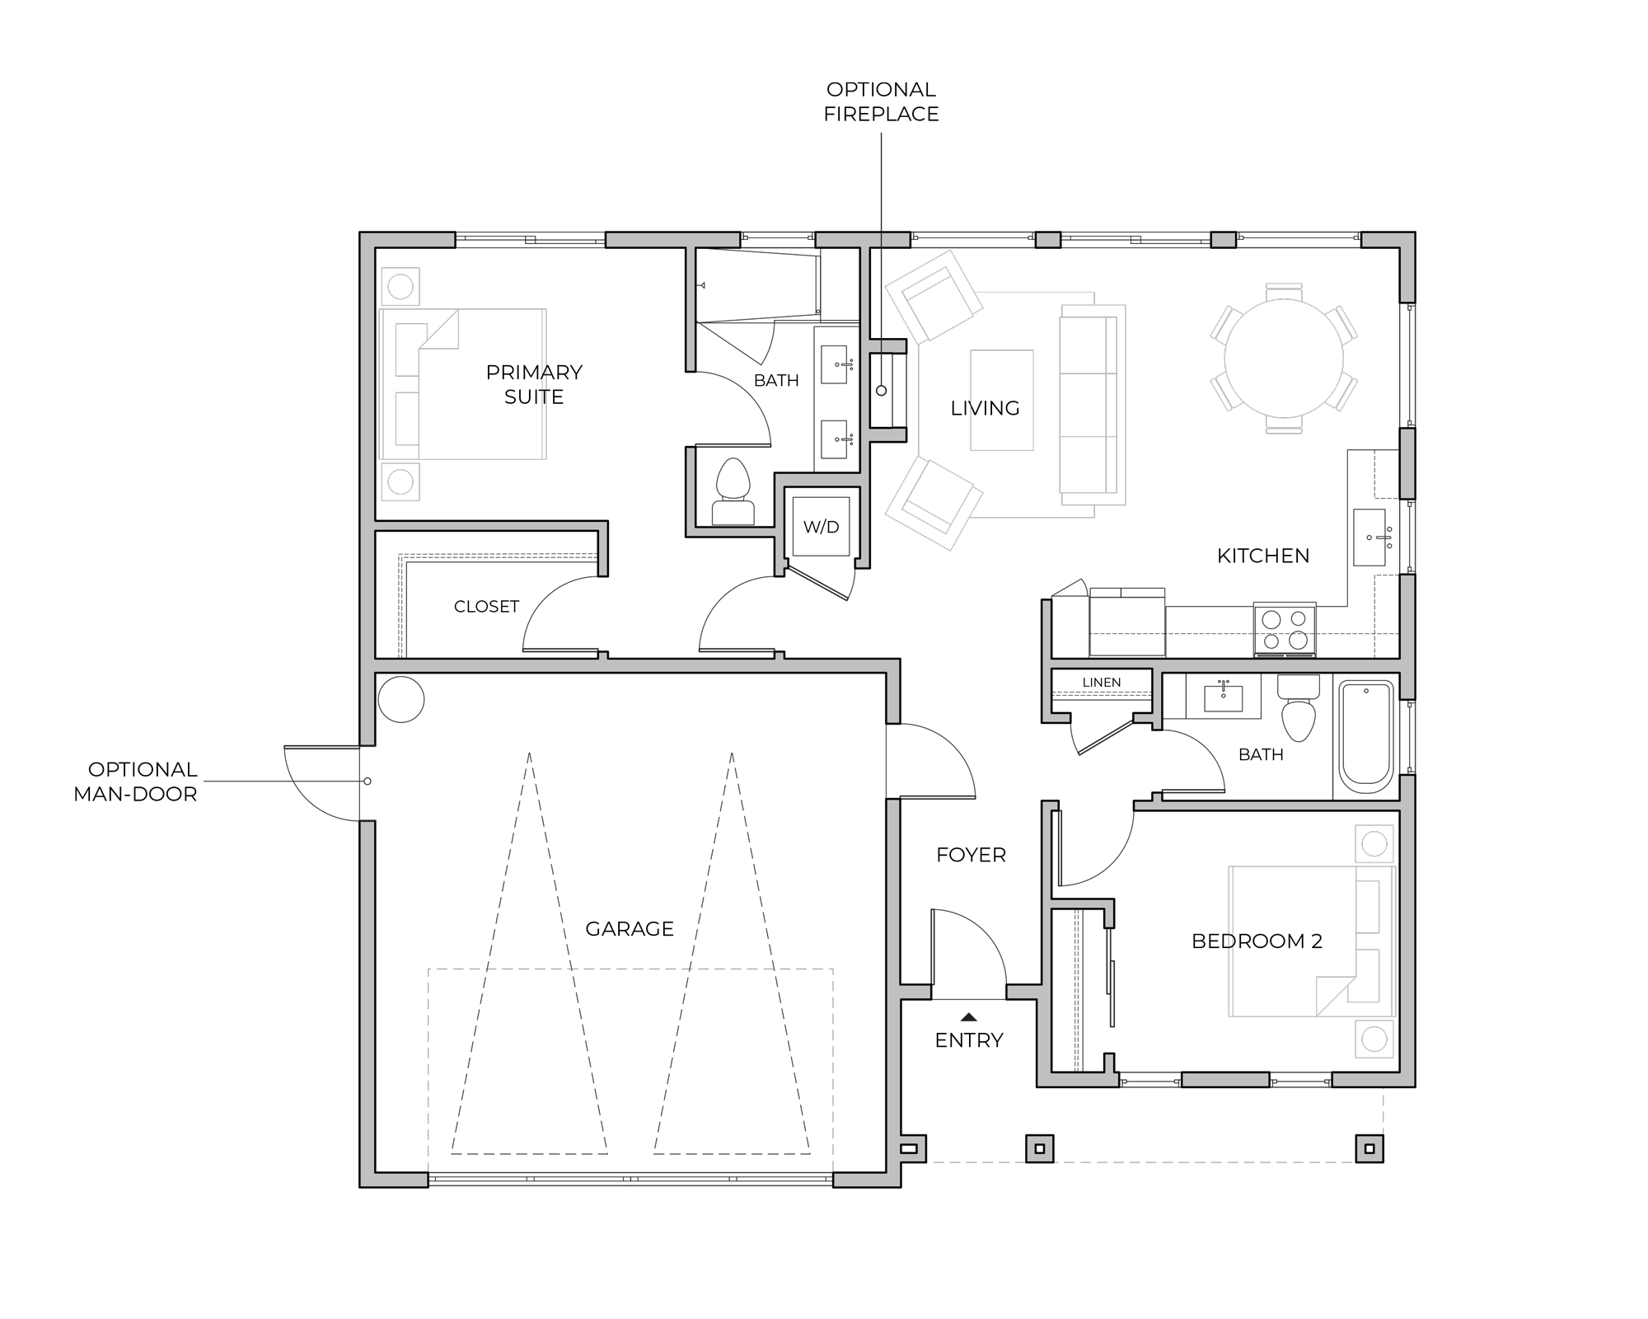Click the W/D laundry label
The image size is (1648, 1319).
pyautogui.click(x=821, y=528)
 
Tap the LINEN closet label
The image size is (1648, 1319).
pyautogui.click(x=1102, y=683)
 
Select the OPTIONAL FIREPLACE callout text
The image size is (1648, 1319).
pyautogui.click(x=881, y=101)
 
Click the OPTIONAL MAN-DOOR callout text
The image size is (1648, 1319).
pyautogui.click(x=136, y=782)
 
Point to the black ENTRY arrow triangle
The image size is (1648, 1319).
pyautogui.click(x=969, y=1017)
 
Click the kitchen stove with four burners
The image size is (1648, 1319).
pyautogui.click(x=1285, y=631)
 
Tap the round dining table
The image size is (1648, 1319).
pyautogui.click(x=1284, y=359)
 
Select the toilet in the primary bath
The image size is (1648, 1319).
pyautogui.click(x=733, y=492)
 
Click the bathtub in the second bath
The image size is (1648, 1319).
pyautogui.click(x=1366, y=737)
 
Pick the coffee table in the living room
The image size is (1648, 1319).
pyautogui.click(x=1002, y=401)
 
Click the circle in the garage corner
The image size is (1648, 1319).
pyautogui.click(x=401, y=699)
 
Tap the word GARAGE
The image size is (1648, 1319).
pyautogui.click(x=630, y=929)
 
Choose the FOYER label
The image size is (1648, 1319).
pyautogui.click(x=971, y=855)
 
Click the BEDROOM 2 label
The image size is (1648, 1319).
pyautogui.click(x=1257, y=941)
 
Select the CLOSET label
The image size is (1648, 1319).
pyautogui.click(x=486, y=607)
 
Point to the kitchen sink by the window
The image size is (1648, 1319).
pyautogui.click(x=1369, y=537)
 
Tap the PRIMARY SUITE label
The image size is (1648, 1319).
pyautogui.click(x=534, y=384)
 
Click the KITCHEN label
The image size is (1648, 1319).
pyautogui.click(x=1263, y=556)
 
